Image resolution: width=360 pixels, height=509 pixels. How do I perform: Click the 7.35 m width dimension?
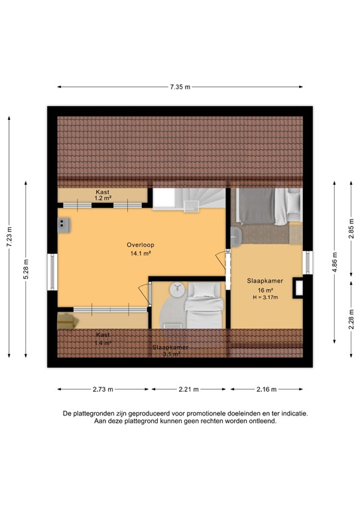point(179,87)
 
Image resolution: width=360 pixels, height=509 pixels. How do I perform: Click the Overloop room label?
point(140,245)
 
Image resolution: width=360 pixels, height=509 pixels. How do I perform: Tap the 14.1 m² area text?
point(140,253)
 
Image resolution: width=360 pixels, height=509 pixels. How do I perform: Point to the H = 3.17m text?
point(265,298)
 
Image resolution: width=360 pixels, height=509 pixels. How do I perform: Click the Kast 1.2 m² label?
point(101,195)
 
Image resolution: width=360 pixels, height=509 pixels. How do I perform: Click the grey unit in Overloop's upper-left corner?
point(64,223)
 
